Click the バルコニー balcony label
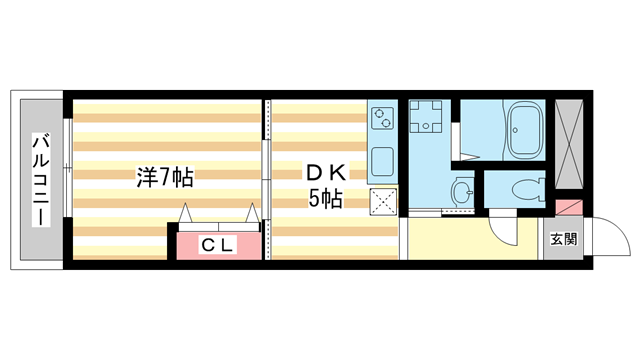[x=41, y=180]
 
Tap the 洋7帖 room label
[x=165, y=179]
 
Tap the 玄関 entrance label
[x=562, y=239]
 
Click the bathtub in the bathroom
[x=525, y=131]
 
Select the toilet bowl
[x=525, y=187]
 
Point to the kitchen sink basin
[x=383, y=160]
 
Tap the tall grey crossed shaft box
[x=568, y=144]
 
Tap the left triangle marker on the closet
[x=187, y=212]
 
